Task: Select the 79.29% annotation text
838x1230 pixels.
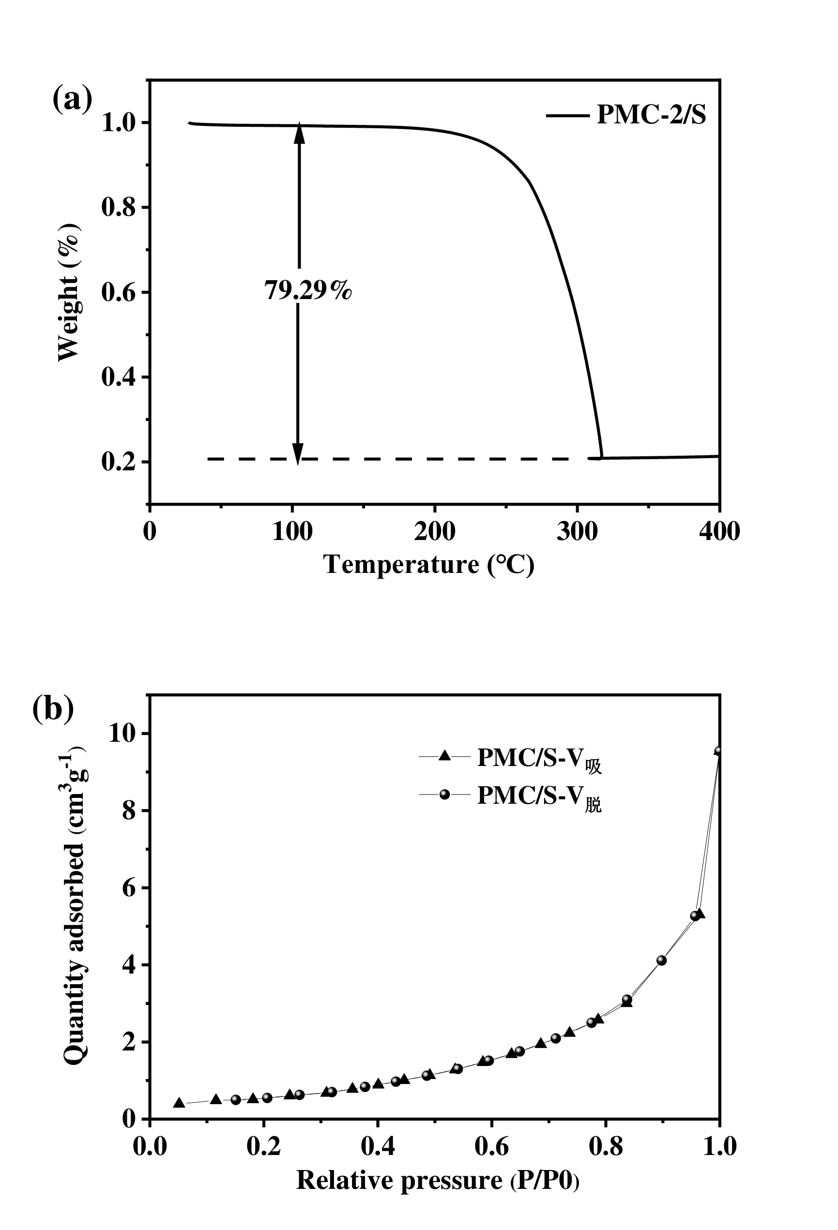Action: [308, 290]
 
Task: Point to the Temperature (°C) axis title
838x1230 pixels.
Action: [429, 565]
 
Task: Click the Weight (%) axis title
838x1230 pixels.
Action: [69, 292]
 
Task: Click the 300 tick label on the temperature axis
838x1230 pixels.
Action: [577, 531]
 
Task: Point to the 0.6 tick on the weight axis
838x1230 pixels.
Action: [118, 293]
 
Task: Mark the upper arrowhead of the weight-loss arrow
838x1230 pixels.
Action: [299, 134]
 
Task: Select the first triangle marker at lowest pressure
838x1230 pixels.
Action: [179, 1102]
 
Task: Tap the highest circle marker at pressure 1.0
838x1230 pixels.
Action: [718, 750]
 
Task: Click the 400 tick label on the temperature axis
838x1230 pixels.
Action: [719, 531]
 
